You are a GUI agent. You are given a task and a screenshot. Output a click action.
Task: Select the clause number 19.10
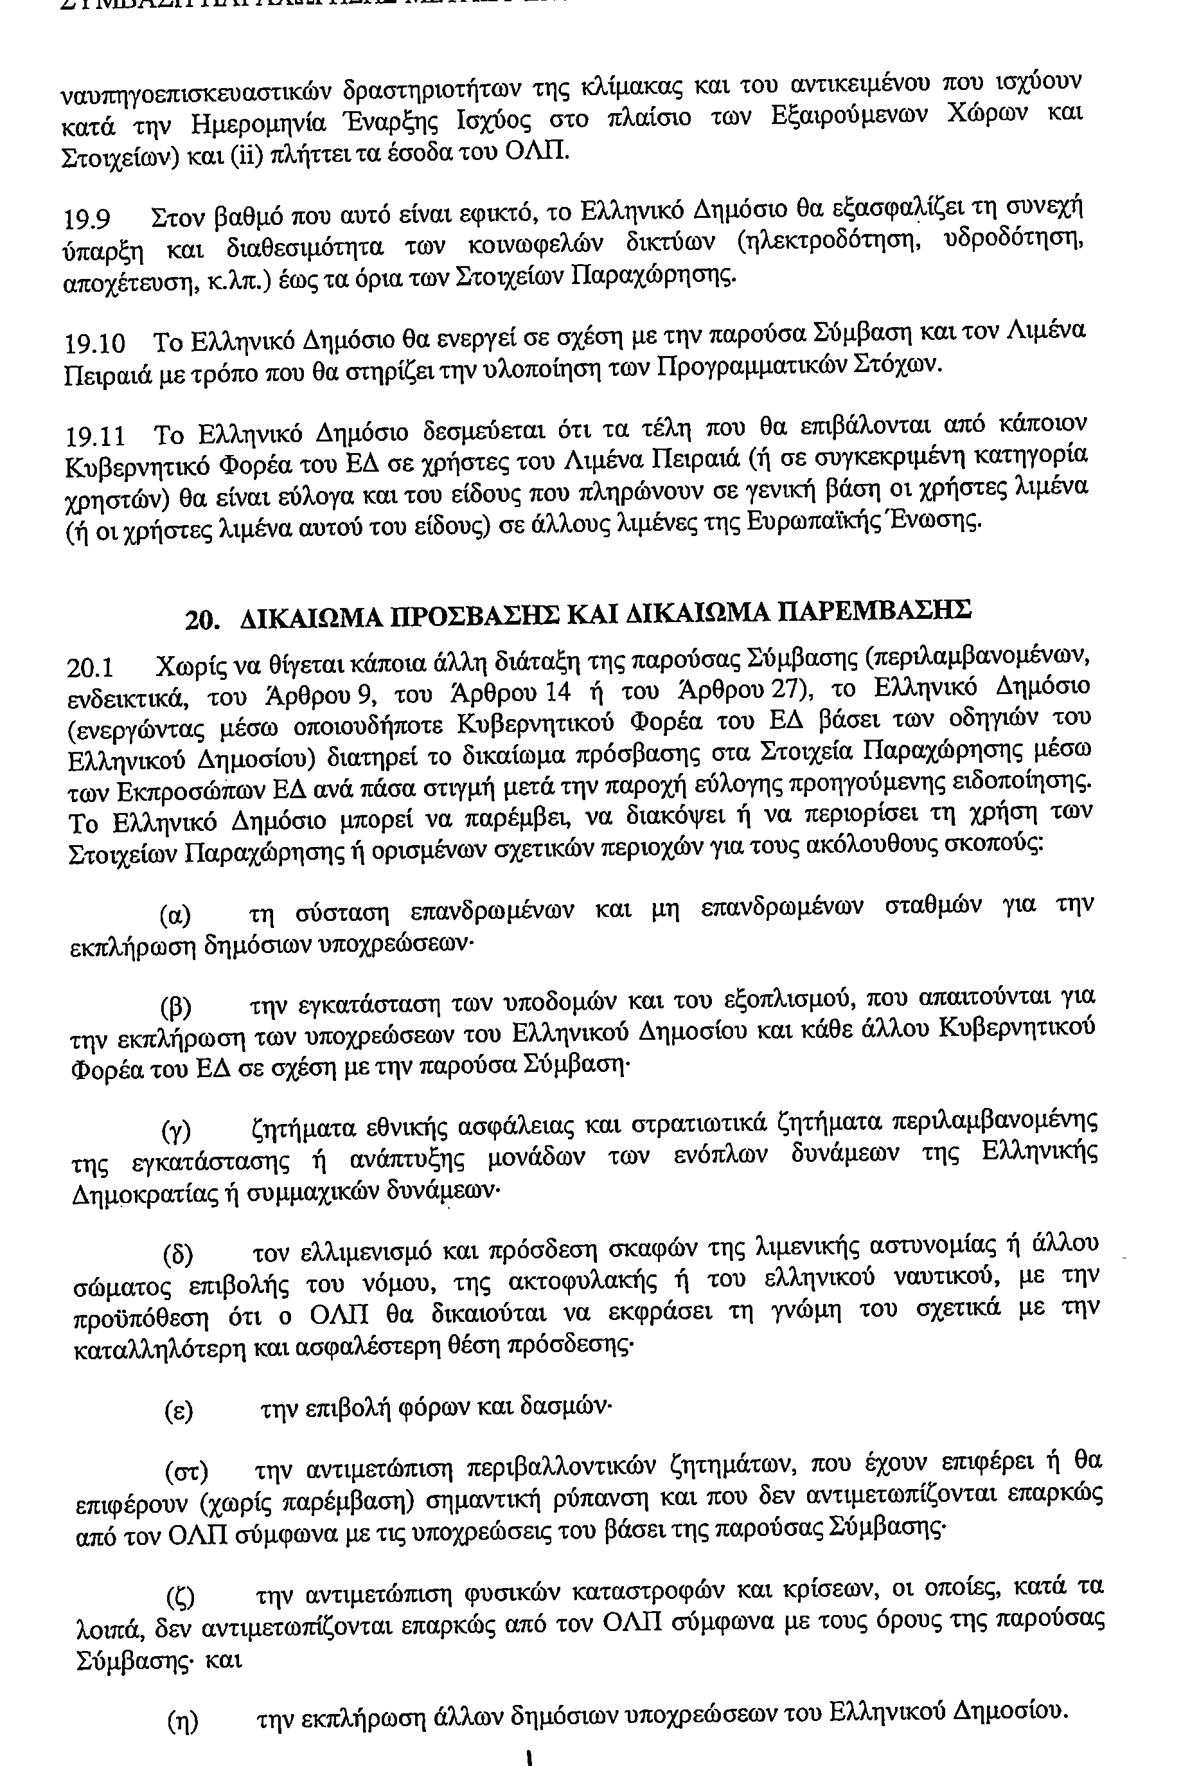[x=95, y=344]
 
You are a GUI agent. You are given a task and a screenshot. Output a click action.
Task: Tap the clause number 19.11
[x=95, y=437]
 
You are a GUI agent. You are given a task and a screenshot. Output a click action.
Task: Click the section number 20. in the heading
[x=202, y=620]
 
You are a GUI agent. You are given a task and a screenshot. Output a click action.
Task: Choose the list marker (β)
[x=175, y=1008]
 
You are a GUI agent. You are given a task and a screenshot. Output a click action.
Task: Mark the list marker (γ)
[x=177, y=1132]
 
